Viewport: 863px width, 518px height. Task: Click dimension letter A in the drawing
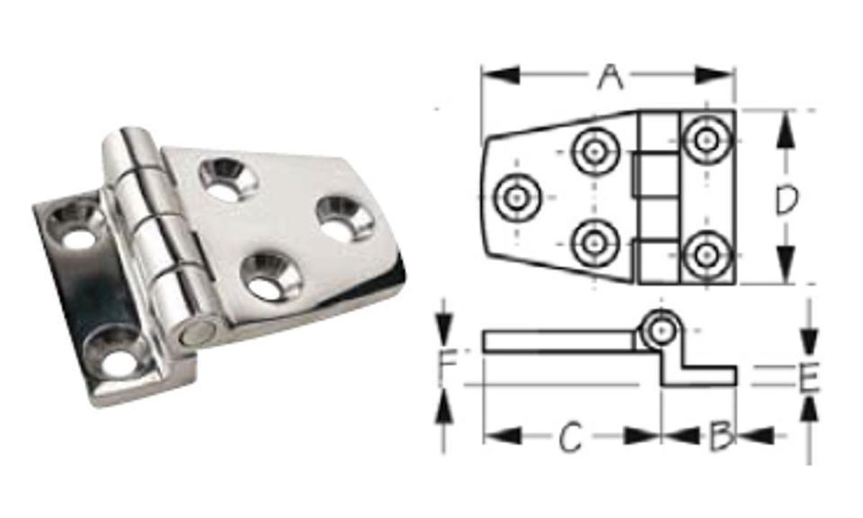(609, 76)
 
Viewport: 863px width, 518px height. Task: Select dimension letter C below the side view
(570, 436)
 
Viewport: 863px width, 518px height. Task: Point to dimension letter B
(721, 436)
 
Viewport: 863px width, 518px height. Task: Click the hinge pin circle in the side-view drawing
(659, 330)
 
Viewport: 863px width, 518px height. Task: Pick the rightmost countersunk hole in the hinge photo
(343, 218)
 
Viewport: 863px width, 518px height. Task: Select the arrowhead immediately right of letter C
(641, 435)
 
